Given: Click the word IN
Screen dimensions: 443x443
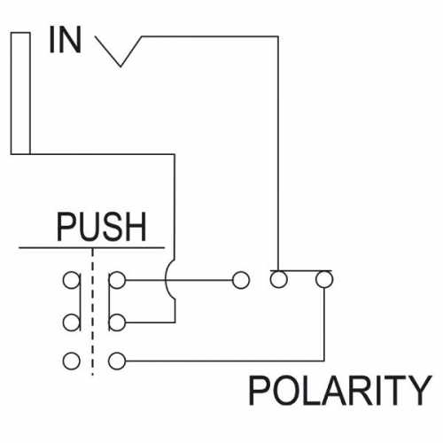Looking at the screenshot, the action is (x=66, y=40).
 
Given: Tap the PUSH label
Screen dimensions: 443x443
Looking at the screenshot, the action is (x=101, y=227).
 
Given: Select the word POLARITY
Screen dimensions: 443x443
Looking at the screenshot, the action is (x=340, y=391).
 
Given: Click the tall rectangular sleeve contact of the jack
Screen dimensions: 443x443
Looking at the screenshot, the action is (x=20, y=93).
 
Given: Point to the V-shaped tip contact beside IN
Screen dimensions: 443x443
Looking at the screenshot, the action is (x=119, y=51).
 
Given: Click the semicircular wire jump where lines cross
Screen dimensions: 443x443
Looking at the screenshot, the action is (x=166, y=281).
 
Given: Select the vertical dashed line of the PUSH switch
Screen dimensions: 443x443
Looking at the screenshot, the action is (x=93, y=312).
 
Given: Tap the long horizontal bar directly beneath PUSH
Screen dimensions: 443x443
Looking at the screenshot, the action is (x=91, y=248).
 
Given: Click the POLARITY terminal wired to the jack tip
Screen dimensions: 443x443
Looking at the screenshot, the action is (x=278, y=279).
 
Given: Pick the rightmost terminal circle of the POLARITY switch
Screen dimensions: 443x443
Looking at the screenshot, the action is (x=324, y=279).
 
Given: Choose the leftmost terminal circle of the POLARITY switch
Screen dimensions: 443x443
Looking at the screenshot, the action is (x=241, y=280).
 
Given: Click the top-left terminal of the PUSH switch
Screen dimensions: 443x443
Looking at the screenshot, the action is (x=71, y=280).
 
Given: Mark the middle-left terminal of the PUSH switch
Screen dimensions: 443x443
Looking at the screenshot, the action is (x=71, y=323).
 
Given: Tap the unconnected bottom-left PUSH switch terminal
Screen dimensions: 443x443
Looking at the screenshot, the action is (x=71, y=361).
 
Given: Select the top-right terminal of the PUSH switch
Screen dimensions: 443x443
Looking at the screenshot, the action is (x=117, y=280).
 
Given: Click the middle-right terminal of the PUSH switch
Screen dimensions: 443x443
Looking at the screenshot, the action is (x=117, y=323).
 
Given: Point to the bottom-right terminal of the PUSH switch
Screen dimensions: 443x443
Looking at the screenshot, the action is (x=117, y=361).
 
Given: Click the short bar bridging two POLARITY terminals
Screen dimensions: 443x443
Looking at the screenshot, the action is (x=301, y=270).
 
